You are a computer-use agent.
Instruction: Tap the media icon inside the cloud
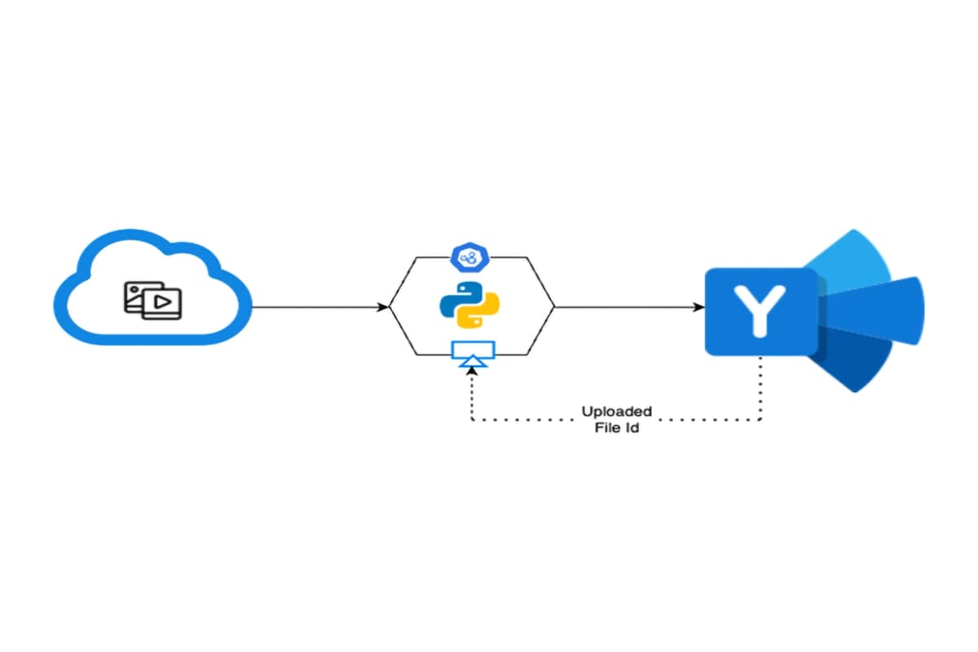[152, 300]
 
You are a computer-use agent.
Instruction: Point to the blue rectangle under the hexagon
[472, 350]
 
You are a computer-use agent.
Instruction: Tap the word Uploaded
[616, 411]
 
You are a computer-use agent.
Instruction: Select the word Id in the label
[632, 427]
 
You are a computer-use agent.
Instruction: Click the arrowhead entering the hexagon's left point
[383, 307]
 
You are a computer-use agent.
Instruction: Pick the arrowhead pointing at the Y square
[699, 307]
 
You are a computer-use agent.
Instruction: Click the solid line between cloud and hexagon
[318, 307]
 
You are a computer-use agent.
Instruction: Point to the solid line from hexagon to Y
[628, 307]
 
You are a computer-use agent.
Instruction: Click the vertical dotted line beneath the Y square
[760, 387]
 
